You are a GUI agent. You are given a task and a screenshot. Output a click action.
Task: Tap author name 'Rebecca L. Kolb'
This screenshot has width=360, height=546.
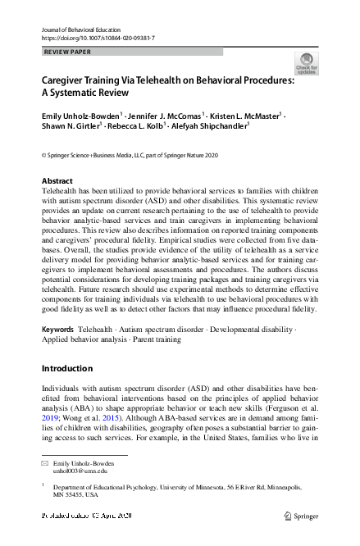pyautogui.click(x=139, y=128)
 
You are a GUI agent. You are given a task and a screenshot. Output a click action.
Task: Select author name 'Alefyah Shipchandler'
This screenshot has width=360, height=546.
pyautogui.click(x=211, y=128)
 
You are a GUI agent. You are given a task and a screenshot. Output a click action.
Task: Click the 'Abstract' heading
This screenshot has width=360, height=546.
pyautogui.click(x=57, y=180)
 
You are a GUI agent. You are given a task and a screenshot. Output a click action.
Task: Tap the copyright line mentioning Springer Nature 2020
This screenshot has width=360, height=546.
pyautogui.click(x=130, y=155)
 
